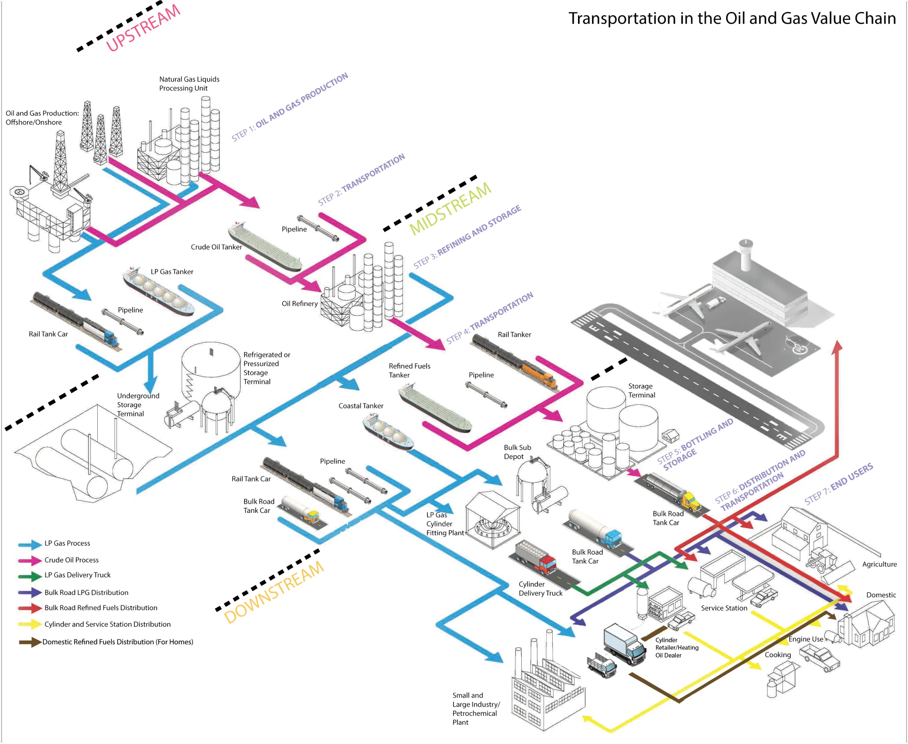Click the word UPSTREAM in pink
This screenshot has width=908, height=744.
(x=143, y=28)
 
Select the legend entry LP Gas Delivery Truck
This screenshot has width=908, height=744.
(x=77, y=575)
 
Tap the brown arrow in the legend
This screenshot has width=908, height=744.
(x=30, y=642)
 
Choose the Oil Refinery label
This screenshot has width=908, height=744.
(x=299, y=303)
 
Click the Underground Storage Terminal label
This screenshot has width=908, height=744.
(x=137, y=405)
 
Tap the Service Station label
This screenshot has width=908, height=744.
(x=724, y=608)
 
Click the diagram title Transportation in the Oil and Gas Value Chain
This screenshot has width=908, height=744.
(x=732, y=18)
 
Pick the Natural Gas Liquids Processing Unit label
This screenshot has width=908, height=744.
(x=189, y=84)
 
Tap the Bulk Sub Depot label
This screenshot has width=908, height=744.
(x=517, y=452)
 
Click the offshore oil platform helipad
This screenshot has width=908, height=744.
(x=20, y=192)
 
